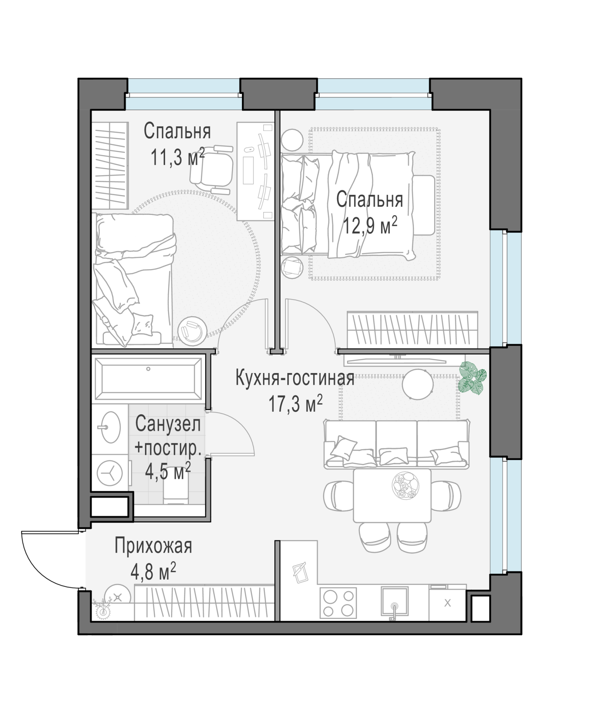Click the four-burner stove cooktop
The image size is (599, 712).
338,603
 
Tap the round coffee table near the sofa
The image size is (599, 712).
418,384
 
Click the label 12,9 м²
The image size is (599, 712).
370,226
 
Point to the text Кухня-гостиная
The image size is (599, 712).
295,378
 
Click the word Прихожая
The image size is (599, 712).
153,546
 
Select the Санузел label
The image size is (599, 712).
168,424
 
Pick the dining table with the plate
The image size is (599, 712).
392,495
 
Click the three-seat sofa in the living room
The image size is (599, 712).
396,444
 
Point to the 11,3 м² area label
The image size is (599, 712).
178,157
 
